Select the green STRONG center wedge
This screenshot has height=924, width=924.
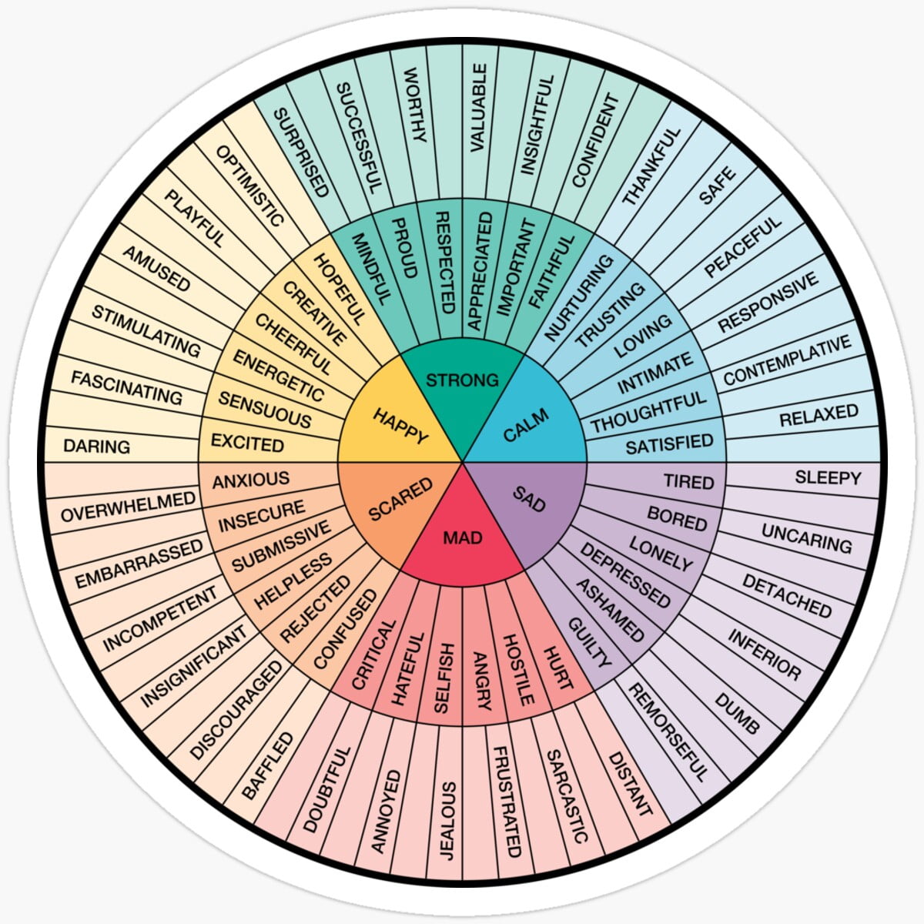(x=462, y=380)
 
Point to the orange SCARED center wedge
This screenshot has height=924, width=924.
(x=400, y=500)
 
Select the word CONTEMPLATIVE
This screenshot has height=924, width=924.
(x=787, y=361)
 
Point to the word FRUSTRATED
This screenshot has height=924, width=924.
(x=507, y=802)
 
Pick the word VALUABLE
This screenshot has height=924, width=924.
(x=477, y=108)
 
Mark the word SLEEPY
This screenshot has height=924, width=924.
(x=828, y=477)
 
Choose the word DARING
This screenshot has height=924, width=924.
(x=97, y=446)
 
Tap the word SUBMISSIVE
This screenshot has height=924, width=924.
(x=281, y=545)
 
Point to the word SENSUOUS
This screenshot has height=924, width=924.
(x=265, y=409)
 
